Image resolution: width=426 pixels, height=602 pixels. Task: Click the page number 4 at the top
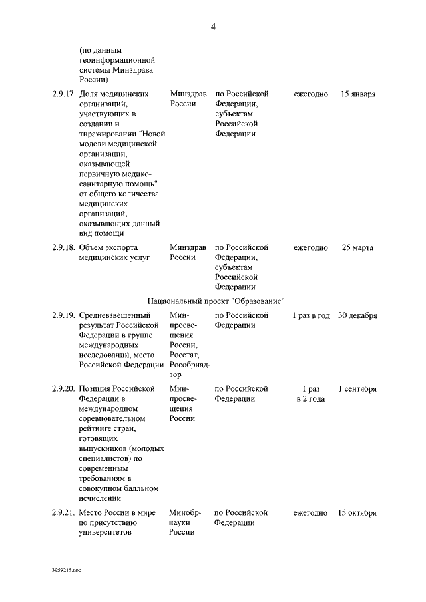point(213,27)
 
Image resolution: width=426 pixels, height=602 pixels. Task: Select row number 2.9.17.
point(63,94)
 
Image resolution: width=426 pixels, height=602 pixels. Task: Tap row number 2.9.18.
point(63,248)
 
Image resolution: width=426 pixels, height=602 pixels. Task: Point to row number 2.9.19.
point(63,315)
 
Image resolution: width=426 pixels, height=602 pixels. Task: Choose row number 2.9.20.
point(63,389)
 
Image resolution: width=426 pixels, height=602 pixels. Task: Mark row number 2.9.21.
point(63,513)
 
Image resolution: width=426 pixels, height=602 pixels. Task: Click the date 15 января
point(358,94)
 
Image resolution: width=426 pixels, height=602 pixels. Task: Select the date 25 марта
point(358,248)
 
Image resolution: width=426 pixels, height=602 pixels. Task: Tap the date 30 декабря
point(357,315)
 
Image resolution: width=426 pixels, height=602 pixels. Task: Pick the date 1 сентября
point(357,389)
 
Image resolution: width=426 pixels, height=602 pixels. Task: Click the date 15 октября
point(357,513)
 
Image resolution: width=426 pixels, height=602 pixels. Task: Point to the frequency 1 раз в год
point(311,315)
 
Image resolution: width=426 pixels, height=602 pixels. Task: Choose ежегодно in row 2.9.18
point(311,248)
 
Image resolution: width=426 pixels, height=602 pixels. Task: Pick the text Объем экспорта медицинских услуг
point(114,253)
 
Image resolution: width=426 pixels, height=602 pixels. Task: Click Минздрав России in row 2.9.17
point(188,99)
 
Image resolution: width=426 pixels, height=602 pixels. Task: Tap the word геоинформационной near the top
point(116,59)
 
